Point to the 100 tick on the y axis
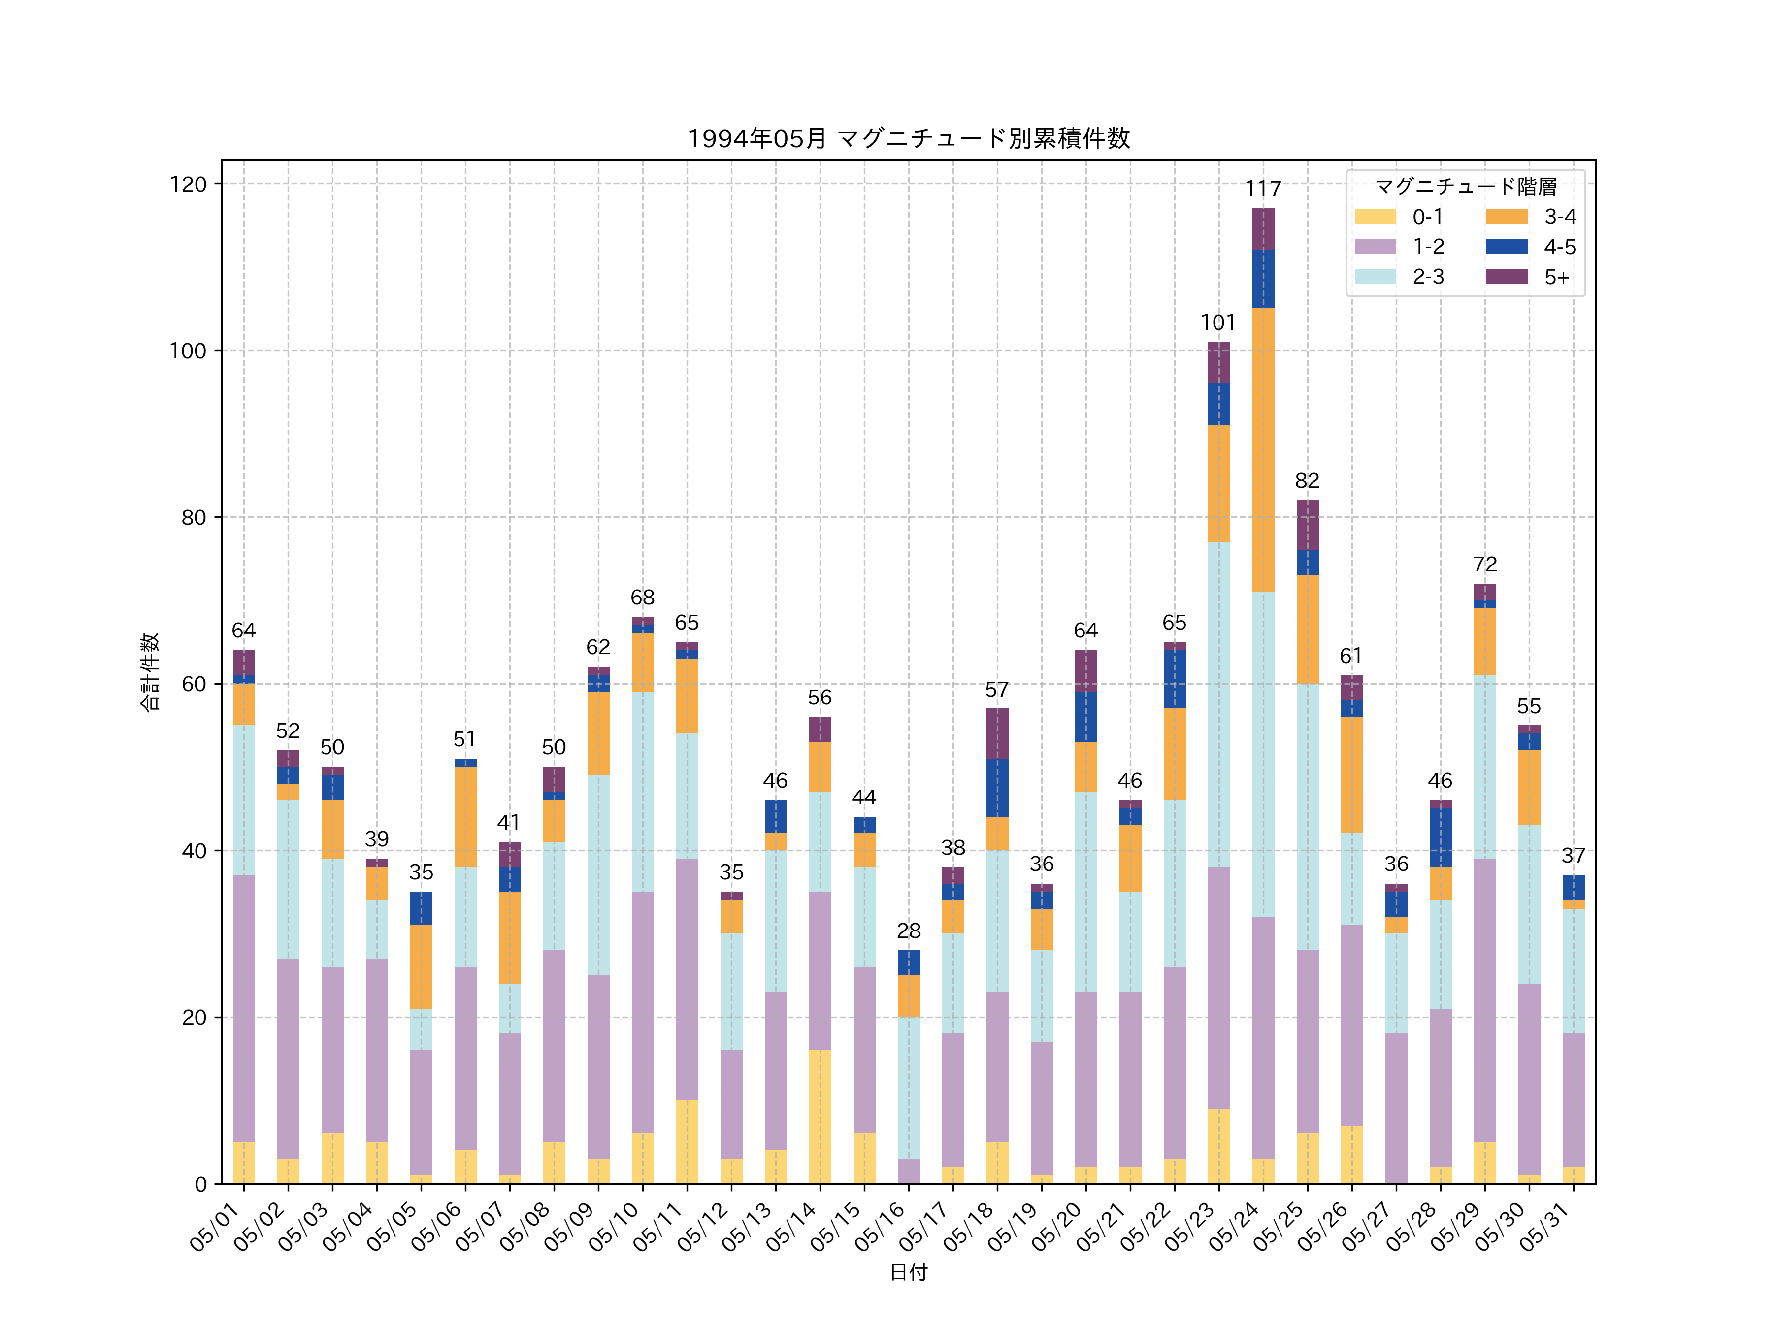(188, 350)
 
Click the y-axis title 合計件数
(150, 672)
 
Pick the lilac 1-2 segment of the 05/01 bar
(244, 1008)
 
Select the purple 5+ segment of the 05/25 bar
(1307, 525)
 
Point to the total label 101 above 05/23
(1218, 322)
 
